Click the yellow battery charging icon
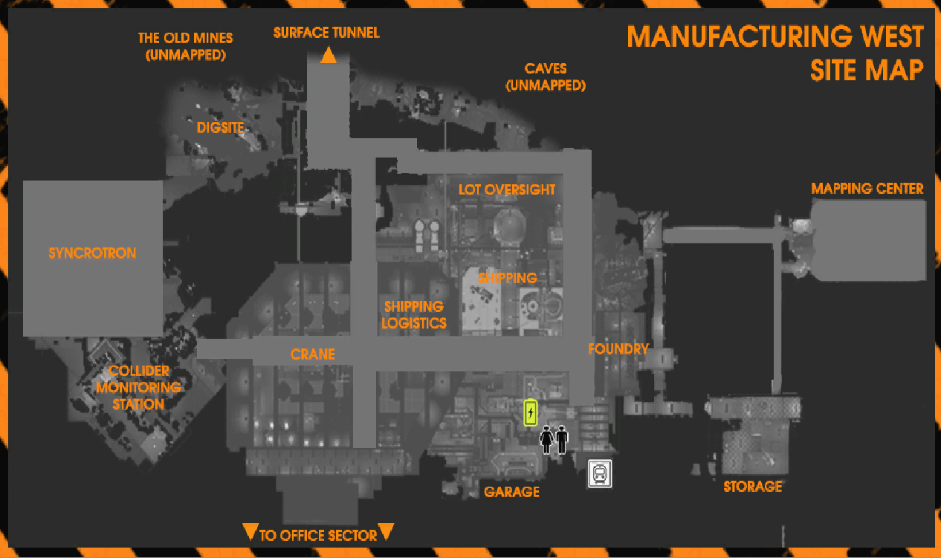pyautogui.click(x=531, y=412)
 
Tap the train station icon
pyautogui.click(x=600, y=473)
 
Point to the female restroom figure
pyautogui.click(x=546, y=440)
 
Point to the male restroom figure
pyautogui.click(x=562, y=440)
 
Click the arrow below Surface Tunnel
pyautogui.click(x=328, y=55)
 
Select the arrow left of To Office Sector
pyautogui.click(x=250, y=531)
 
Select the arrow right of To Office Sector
pyautogui.click(x=386, y=531)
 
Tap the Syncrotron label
pyautogui.click(x=92, y=253)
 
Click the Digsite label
pyautogui.click(x=220, y=128)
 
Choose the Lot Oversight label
pyautogui.click(x=507, y=189)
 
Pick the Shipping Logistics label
pyautogui.click(x=414, y=315)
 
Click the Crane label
pyautogui.click(x=312, y=354)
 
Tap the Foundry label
pyautogui.click(x=618, y=349)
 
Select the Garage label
pyautogui.click(x=511, y=492)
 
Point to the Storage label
pyautogui.click(x=752, y=487)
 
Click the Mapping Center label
pyautogui.click(x=867, y=189)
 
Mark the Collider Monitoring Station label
pyautogui.click(x=139, y=388)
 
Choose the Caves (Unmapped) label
pyautogui.click(x=546, y=77)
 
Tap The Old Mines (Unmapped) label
pyautogui.click(x=185, y=47)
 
